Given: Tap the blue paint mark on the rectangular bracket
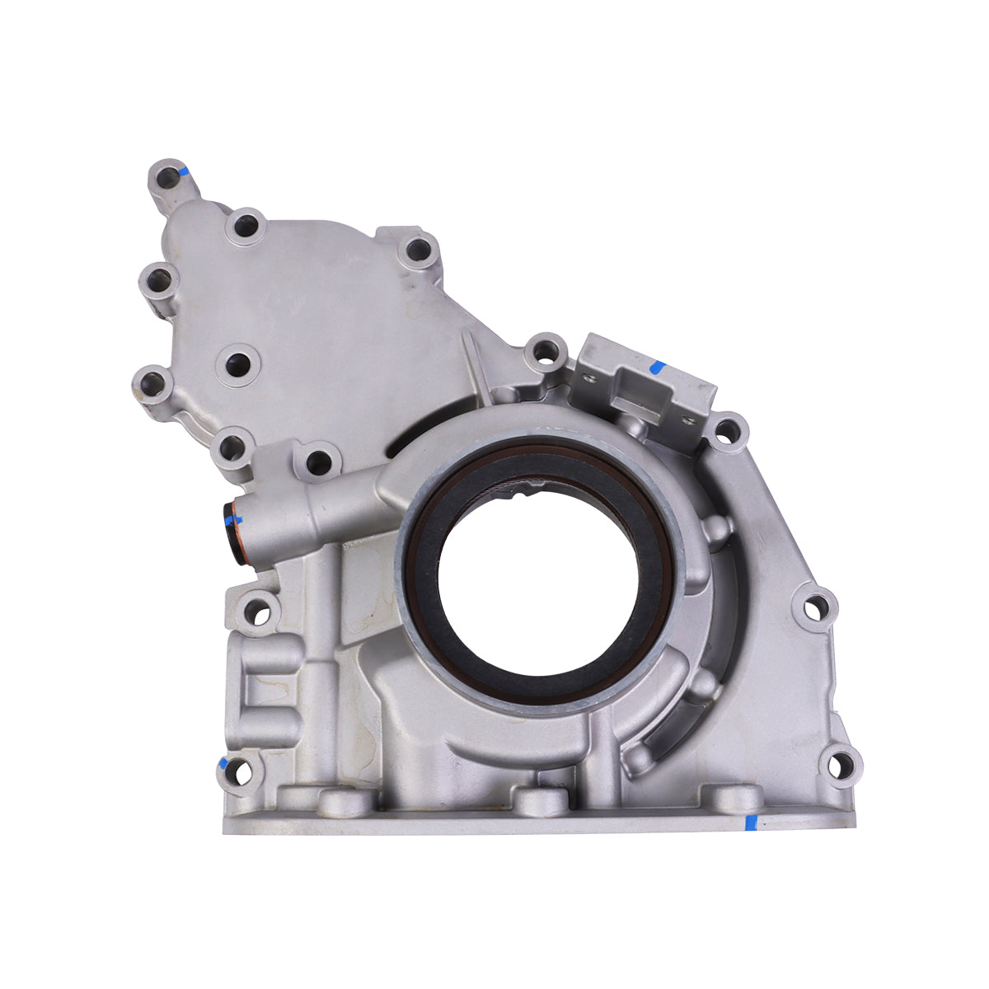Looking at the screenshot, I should tap(657, 368).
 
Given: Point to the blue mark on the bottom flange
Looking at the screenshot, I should tap(751, 822).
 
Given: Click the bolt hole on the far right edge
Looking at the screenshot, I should tap(815, 608).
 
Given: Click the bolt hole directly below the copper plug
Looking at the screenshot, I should tap(260, 612).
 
